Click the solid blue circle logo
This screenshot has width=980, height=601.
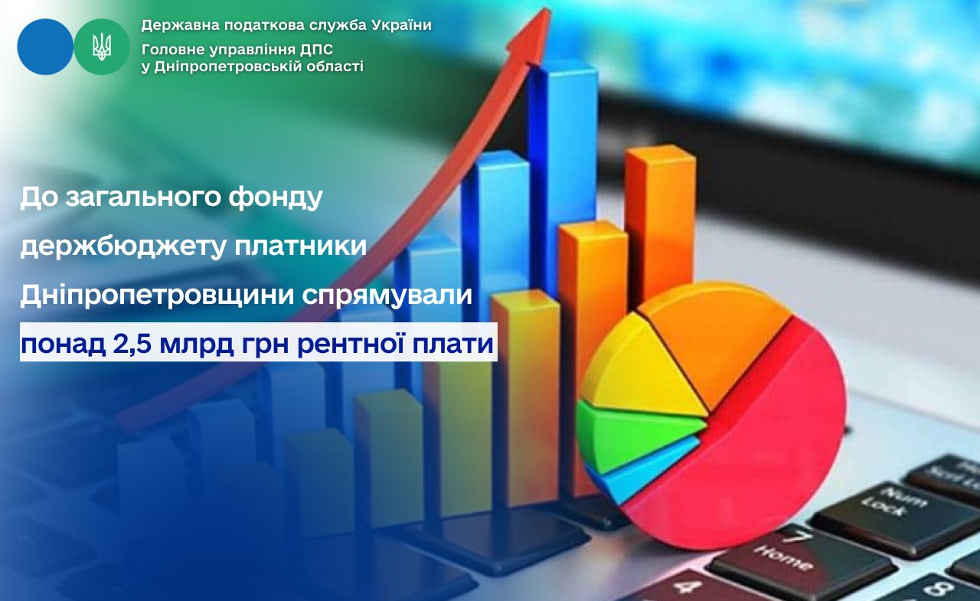click(45, 47)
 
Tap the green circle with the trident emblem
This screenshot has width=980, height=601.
click(102, 47)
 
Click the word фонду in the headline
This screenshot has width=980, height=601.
click(276, 198)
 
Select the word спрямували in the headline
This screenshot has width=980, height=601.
click(387, 296)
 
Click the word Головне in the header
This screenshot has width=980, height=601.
click(173, 50)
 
